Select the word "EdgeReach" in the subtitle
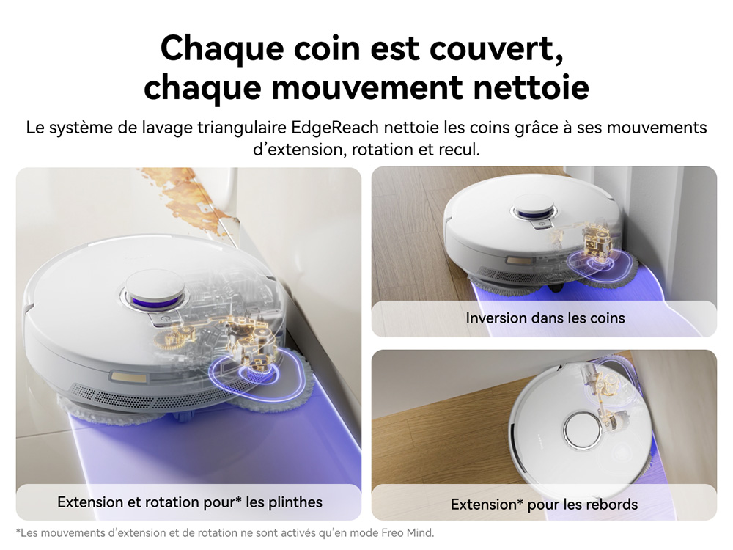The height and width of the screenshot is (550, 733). click(x=335, y=128)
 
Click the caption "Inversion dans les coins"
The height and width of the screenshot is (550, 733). click(x=545, y=318)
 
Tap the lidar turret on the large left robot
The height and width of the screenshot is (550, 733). click(x=154, y=291)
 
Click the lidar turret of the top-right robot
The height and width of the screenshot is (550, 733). click(x=534, y=208)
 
